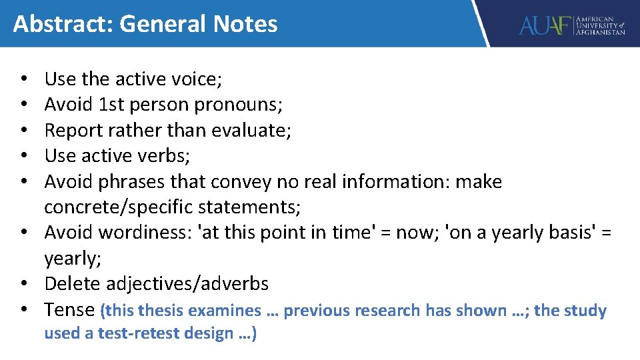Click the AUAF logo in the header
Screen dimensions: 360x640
pyautogui.click(x=572, y=25)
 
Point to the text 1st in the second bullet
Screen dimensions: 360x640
pyautogui.click(x=113, y=105)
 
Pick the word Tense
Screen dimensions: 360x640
pyautogui.click(x=69, y=310)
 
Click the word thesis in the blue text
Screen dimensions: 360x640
pyautogui.click(x=159, y=311)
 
